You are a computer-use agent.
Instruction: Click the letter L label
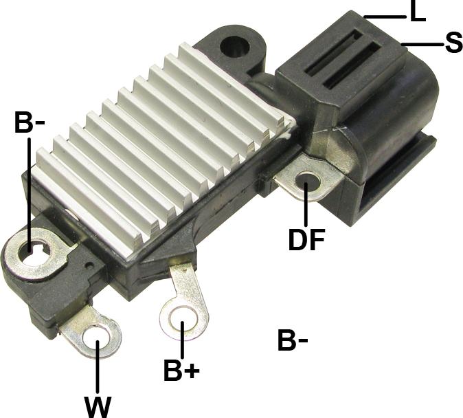point(418,11)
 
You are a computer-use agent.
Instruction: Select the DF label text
point(307,239)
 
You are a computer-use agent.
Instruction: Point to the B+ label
point(181,370)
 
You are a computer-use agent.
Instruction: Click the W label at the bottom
point(98,407)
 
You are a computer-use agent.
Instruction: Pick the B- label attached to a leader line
point(30,122)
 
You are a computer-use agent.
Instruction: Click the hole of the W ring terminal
point(96,340)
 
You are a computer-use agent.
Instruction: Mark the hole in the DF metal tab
point(307,182)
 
